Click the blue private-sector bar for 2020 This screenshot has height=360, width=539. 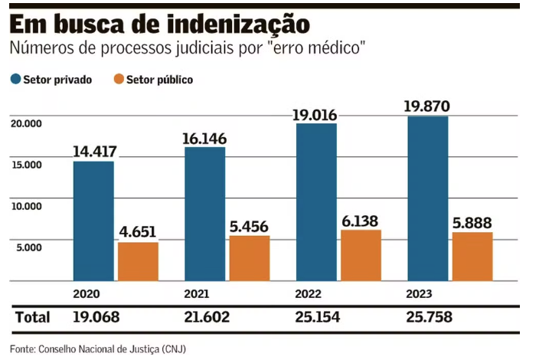(x=93, y=221)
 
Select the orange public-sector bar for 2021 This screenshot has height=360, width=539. (x=250, y=258)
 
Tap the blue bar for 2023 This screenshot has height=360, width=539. (x=428, y=198)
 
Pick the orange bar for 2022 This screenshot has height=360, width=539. (x=361, y=255)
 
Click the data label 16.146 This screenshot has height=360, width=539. (x=205, y=138)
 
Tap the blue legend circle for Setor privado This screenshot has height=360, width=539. (x=15, y=79)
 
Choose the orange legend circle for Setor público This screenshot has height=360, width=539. (x=118, y=79)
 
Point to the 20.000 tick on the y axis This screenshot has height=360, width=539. (x=25, y=123)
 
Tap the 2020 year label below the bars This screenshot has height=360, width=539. (x=87, y=293)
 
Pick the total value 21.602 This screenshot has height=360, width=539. (x=207, y=317)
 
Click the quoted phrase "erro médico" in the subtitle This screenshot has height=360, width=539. (x=322, y=49)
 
